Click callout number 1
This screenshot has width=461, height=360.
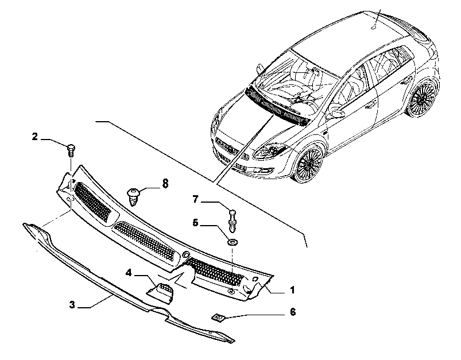click(292, 291)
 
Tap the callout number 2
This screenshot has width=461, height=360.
click(35, 137)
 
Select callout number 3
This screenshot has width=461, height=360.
click(72, 305)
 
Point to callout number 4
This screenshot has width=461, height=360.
click(129, 273)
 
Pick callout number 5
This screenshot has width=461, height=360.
click(196, 223)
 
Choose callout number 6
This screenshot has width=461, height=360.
click(293, 312)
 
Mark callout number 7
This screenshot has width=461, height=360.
click(196, 199)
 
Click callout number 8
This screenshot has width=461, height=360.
click(165, 184)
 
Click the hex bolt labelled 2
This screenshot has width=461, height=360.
click(71, 150)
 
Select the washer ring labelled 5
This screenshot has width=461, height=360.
click(233, 243)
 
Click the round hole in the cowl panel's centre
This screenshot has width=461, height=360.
click(186, 254)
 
